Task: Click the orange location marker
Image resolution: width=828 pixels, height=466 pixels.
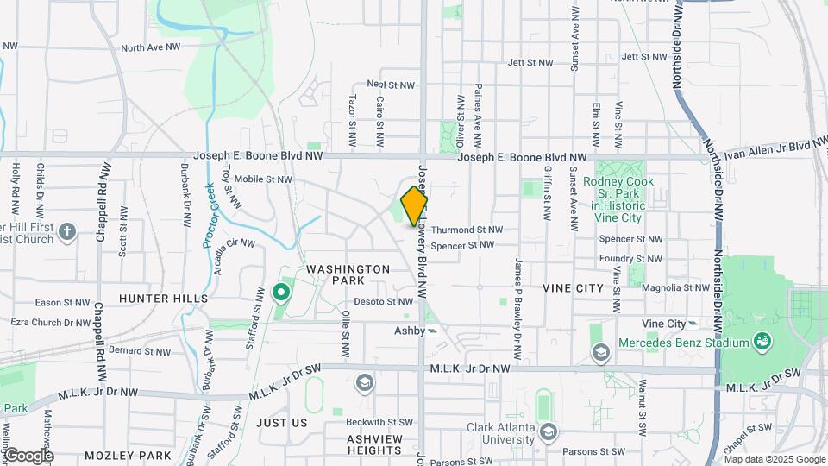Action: pos(414,205)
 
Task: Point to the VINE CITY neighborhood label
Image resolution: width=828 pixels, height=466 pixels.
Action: pos(575,287)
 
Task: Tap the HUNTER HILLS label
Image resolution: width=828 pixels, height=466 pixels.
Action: pos(163,299)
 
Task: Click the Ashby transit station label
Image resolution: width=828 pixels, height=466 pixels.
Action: pos(410,331)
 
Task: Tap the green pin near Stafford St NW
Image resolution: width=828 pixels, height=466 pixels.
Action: pos(280,293)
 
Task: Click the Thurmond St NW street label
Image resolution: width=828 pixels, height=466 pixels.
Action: pos(467,230)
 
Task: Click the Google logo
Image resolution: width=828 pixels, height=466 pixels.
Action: pos(28,456)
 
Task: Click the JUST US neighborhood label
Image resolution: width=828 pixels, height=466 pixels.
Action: pos(281,423)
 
